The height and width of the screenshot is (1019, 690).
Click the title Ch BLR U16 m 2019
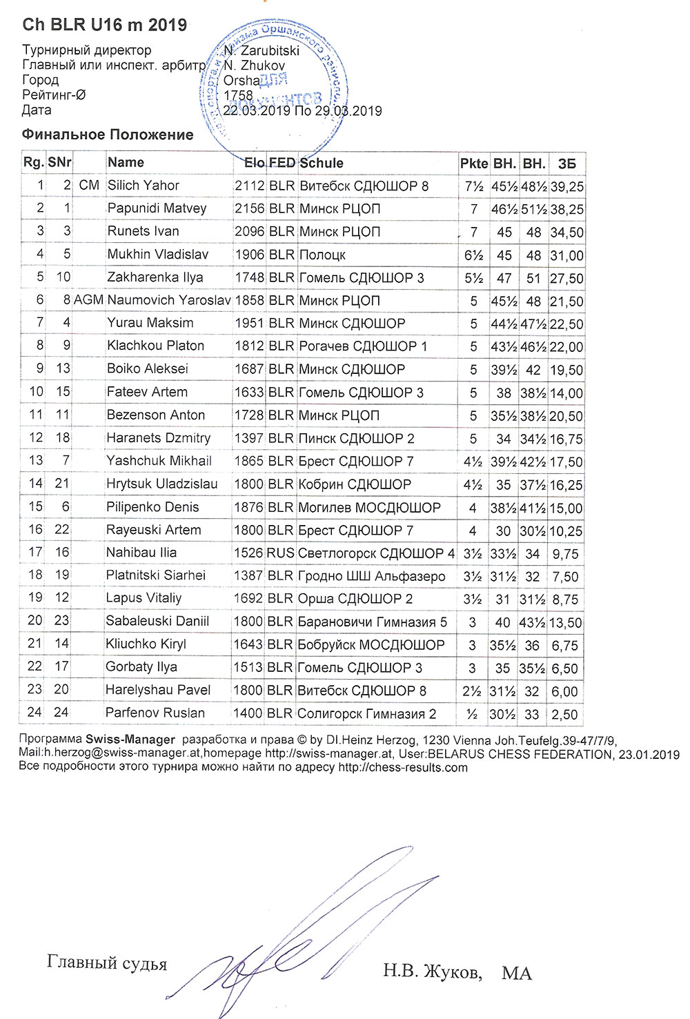[104, 25]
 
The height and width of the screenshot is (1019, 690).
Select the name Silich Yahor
[143, 186]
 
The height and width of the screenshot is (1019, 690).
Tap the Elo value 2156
[249, 208]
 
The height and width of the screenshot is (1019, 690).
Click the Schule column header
[322, 163]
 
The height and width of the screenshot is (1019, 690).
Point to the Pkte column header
[474, 164]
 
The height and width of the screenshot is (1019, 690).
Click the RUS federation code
[281, 553]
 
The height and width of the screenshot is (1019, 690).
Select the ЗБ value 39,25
[567, 186]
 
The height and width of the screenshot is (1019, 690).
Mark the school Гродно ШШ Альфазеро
[371, 576]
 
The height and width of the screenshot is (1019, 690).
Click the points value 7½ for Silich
[474, 186]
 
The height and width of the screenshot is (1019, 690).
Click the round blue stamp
[276, 86]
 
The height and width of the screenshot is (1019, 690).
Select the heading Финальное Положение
[108, 135]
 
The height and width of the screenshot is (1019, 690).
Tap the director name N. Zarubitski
[261, 50]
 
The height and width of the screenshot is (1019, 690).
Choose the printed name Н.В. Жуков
[432, 972]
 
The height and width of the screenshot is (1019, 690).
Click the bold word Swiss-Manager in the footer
[130, 740]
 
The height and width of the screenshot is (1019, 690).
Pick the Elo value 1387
[248, 575]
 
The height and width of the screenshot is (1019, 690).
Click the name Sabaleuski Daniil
[157, 621]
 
